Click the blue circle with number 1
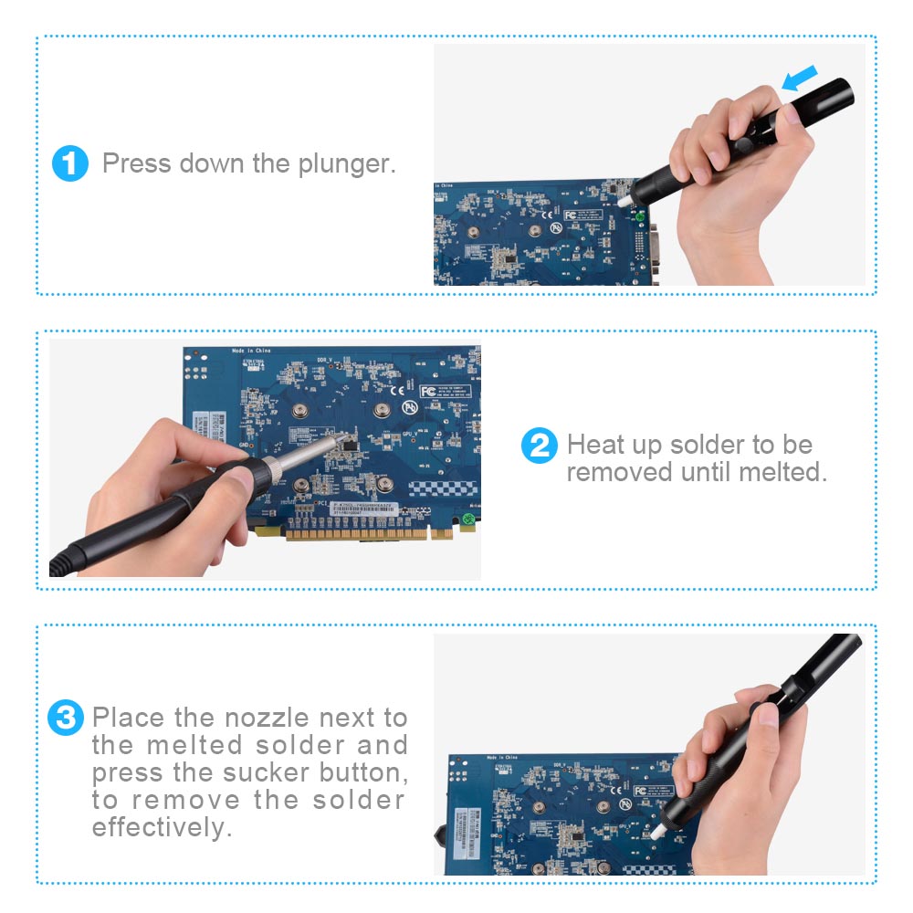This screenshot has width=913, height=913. click(x=70, y=164)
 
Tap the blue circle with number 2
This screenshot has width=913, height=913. click(x=539, y=446)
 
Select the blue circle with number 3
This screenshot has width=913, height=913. click(x=66, y=718)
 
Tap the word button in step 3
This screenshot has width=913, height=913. click(x=361, y=773)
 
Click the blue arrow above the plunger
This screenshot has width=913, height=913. click(x=801, y=79)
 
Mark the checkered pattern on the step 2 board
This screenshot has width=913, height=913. click(x=442, y=488)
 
